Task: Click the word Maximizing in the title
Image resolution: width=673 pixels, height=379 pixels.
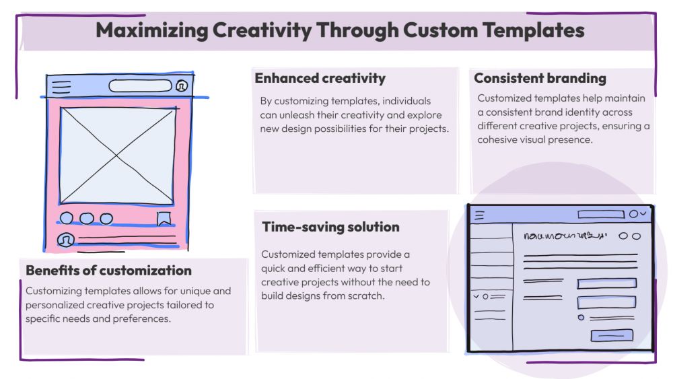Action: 152,31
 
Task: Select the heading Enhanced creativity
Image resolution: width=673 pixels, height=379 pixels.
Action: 320,78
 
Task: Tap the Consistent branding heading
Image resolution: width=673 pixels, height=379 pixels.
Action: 540,78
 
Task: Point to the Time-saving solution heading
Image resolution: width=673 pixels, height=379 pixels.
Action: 331,227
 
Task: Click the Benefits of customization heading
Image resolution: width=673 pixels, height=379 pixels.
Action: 108,271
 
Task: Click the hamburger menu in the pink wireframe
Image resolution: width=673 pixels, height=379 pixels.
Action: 61,87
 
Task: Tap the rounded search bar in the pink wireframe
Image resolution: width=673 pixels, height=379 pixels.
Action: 141,86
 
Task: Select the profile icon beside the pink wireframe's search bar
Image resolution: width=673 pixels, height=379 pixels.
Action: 182,86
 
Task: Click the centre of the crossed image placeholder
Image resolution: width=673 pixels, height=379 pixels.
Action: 116,156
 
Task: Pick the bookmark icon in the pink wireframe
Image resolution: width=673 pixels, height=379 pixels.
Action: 164,219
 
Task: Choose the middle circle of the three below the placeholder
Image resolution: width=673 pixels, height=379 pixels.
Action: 87,219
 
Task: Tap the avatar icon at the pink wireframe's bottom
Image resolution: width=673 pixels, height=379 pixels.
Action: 66,240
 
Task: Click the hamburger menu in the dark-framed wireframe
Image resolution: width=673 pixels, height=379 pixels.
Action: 479,215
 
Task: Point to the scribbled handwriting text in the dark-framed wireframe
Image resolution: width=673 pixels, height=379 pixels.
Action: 565,236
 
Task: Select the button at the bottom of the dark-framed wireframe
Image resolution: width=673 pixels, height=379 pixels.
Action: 612,335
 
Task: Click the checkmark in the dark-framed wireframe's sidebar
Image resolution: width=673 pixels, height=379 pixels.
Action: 476,296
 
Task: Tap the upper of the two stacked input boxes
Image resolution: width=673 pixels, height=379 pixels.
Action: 607,283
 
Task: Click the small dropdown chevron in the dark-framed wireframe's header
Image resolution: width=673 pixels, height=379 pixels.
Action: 643,213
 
